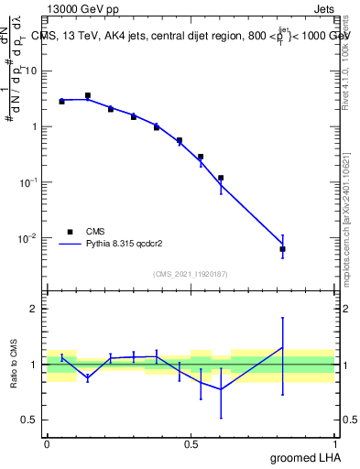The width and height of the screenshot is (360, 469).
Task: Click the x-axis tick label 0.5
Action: point(190,443)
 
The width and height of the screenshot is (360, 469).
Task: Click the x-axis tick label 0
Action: point(47,443)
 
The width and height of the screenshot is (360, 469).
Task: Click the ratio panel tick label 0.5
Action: point(31,420)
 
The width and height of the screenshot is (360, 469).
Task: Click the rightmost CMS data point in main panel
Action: point(283,249)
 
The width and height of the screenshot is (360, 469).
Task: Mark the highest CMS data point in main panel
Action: point(88,95)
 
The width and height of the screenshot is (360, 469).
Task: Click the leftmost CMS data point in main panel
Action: point(61,102)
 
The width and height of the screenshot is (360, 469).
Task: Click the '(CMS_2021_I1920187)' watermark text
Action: point(190,273)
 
